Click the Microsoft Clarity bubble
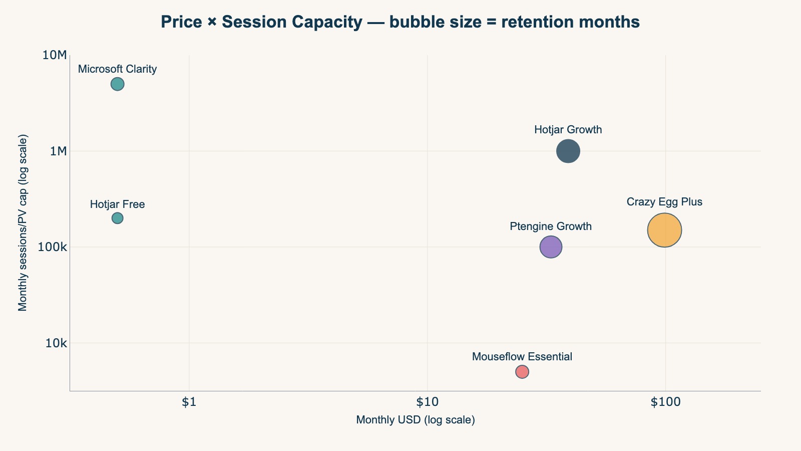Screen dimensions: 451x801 [117, 84]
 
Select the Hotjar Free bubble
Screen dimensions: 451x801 [117, 218]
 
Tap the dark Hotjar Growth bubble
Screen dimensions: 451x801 [568, 151]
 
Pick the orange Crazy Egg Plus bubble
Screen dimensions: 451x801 [664, 230]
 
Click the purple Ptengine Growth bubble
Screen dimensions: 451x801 [551, 247]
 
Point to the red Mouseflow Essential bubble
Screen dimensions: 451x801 [522, 372]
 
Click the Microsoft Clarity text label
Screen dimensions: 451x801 [117, 69]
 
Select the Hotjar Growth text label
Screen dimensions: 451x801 [568, 130]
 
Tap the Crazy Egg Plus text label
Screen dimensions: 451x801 [664, 202]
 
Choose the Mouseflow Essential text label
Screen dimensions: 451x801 [522, 357]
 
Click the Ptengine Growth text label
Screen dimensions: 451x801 [551, 226]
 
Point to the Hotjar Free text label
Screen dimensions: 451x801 [117, 204]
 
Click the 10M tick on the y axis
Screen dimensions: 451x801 [55, 55]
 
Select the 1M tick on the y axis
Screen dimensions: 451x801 [58, 151]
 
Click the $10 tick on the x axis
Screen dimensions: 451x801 [427, 402]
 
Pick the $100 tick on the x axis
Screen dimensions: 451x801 [665, 402]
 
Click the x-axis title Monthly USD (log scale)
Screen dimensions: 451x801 [415, 420]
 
